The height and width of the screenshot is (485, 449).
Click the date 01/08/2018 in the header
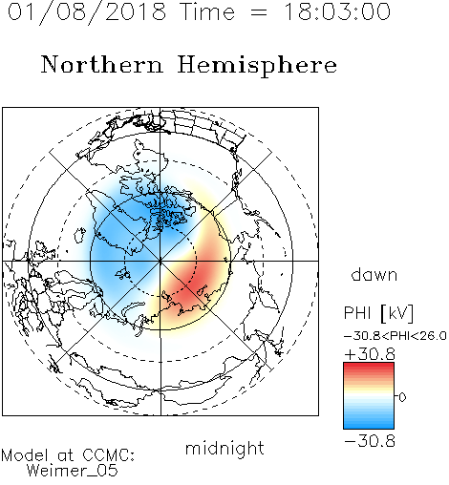tap(87, 11)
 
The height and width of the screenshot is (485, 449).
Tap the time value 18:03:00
tap(337, 11)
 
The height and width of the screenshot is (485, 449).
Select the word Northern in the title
tap(102, 64)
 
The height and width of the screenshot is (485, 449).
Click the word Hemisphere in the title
tap(257, 65)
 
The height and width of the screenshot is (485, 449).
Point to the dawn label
tap(374, 274)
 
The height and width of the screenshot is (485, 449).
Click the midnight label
tap(224, 449)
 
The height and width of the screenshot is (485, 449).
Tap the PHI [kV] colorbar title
tap(378, 313)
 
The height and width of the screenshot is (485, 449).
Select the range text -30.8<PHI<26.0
tap(396, 336)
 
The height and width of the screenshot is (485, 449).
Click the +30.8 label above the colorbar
tap(370, 354)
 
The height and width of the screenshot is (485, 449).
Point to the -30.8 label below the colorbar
tap(370, 441)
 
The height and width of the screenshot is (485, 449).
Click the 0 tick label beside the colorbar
tap(402, 397)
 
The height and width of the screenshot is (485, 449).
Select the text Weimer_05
tap(73, 471)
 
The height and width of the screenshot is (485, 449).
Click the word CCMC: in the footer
tap(108, 455)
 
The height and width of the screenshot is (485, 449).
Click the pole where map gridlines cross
tap(160, 261)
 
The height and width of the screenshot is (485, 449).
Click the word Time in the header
tap(207, 11)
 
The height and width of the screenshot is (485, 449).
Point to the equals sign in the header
tap(259, 13)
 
